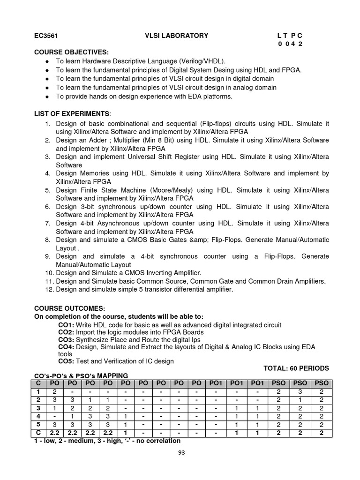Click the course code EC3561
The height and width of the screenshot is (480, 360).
click(x=45, y=35)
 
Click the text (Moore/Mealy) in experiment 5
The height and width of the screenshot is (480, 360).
click(x=163, y=190)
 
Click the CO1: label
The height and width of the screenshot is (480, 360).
click(x=66, y=325)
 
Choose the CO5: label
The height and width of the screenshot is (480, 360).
click(x=66, y=361)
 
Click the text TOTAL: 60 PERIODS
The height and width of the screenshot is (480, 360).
click(x=296, y=368)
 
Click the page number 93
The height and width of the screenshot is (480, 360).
click(x=180, y=453)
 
